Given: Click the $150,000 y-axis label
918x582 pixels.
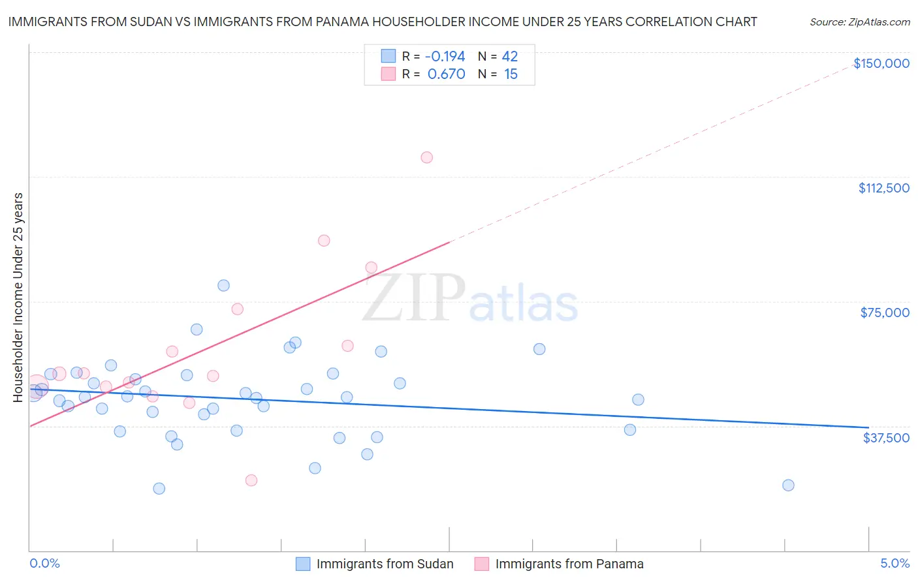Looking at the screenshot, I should [881, 63].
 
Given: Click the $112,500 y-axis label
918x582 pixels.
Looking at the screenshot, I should [883, 188].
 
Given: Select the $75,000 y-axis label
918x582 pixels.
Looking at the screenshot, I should [885, 313].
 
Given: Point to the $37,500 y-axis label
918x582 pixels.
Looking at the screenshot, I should [886, 438].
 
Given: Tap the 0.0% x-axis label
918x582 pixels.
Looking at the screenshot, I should [44, 563].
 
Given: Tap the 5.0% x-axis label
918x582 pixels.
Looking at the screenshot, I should [894, 563].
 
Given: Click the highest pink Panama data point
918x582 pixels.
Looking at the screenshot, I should [426, 157].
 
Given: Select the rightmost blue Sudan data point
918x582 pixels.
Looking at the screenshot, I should [788, 485].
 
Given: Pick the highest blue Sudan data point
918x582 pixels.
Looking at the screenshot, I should [223, 285].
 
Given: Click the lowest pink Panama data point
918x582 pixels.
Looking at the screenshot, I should [251, 480].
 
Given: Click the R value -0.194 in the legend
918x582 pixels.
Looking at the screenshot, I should [445, 56].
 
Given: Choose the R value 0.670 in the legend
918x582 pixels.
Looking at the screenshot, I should [446, 74].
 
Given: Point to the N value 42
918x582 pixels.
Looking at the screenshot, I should [509, 56].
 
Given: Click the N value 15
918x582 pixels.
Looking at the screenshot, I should [511, 74].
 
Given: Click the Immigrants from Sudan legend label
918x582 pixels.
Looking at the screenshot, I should [385, 564].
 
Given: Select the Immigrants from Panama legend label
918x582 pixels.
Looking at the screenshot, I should [569, 564].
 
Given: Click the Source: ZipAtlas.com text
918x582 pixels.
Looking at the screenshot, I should [859, 22].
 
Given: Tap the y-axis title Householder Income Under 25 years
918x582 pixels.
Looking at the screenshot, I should [18, 297].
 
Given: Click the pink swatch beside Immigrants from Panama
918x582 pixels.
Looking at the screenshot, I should [481, 564].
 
